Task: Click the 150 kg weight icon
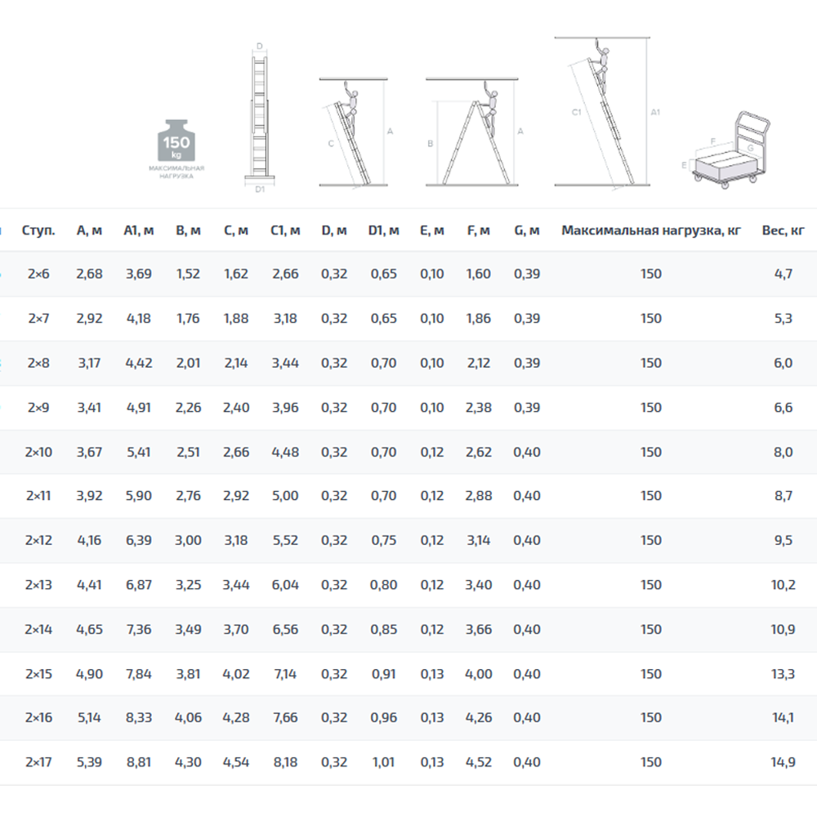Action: tap(176, 141)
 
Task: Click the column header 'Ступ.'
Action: tap(38, 230)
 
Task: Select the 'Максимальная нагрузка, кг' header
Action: tap(651, 230)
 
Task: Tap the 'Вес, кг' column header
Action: tap(783, 230)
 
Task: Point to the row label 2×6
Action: tap(38, 274)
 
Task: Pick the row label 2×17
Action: tap(38, 761)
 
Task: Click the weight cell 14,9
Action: tap(784, 761)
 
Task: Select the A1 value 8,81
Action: tap(139, 761)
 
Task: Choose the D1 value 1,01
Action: tap(383, 761)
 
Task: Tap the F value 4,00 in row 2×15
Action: tap(478, 674)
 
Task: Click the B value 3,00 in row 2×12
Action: tap(188, 540)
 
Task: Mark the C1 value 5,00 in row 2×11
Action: tap(285, 496)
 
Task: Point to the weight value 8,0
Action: tap(784, 452)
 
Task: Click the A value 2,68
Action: tap(89, 274)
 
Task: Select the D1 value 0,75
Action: tap(383, 540)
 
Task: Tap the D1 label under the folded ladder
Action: tap(260, 190)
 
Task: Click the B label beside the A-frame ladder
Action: tap(431, 143)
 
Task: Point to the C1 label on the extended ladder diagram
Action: tap(576, 112)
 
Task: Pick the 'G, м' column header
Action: tap(527, 230)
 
